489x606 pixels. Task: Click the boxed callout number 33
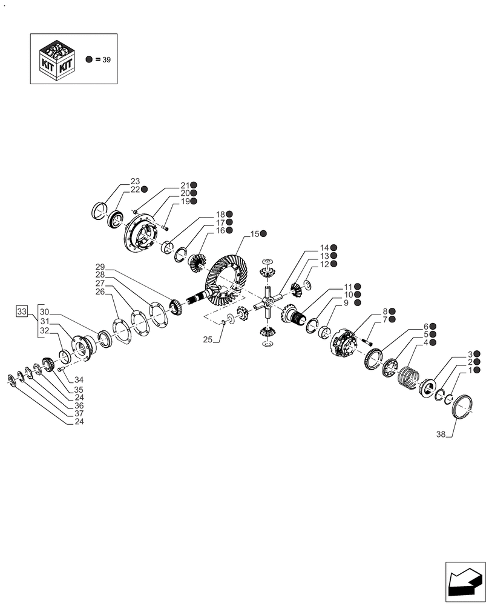(22, 311)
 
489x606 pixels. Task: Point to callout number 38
(441, 435)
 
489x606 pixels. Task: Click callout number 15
(255, 234)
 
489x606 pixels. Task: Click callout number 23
(134, 181)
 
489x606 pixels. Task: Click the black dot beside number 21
(194, 185)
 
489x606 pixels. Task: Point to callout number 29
(100, 267)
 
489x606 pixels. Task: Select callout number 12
(324, 264)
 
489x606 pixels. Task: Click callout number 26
(100, 292)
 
